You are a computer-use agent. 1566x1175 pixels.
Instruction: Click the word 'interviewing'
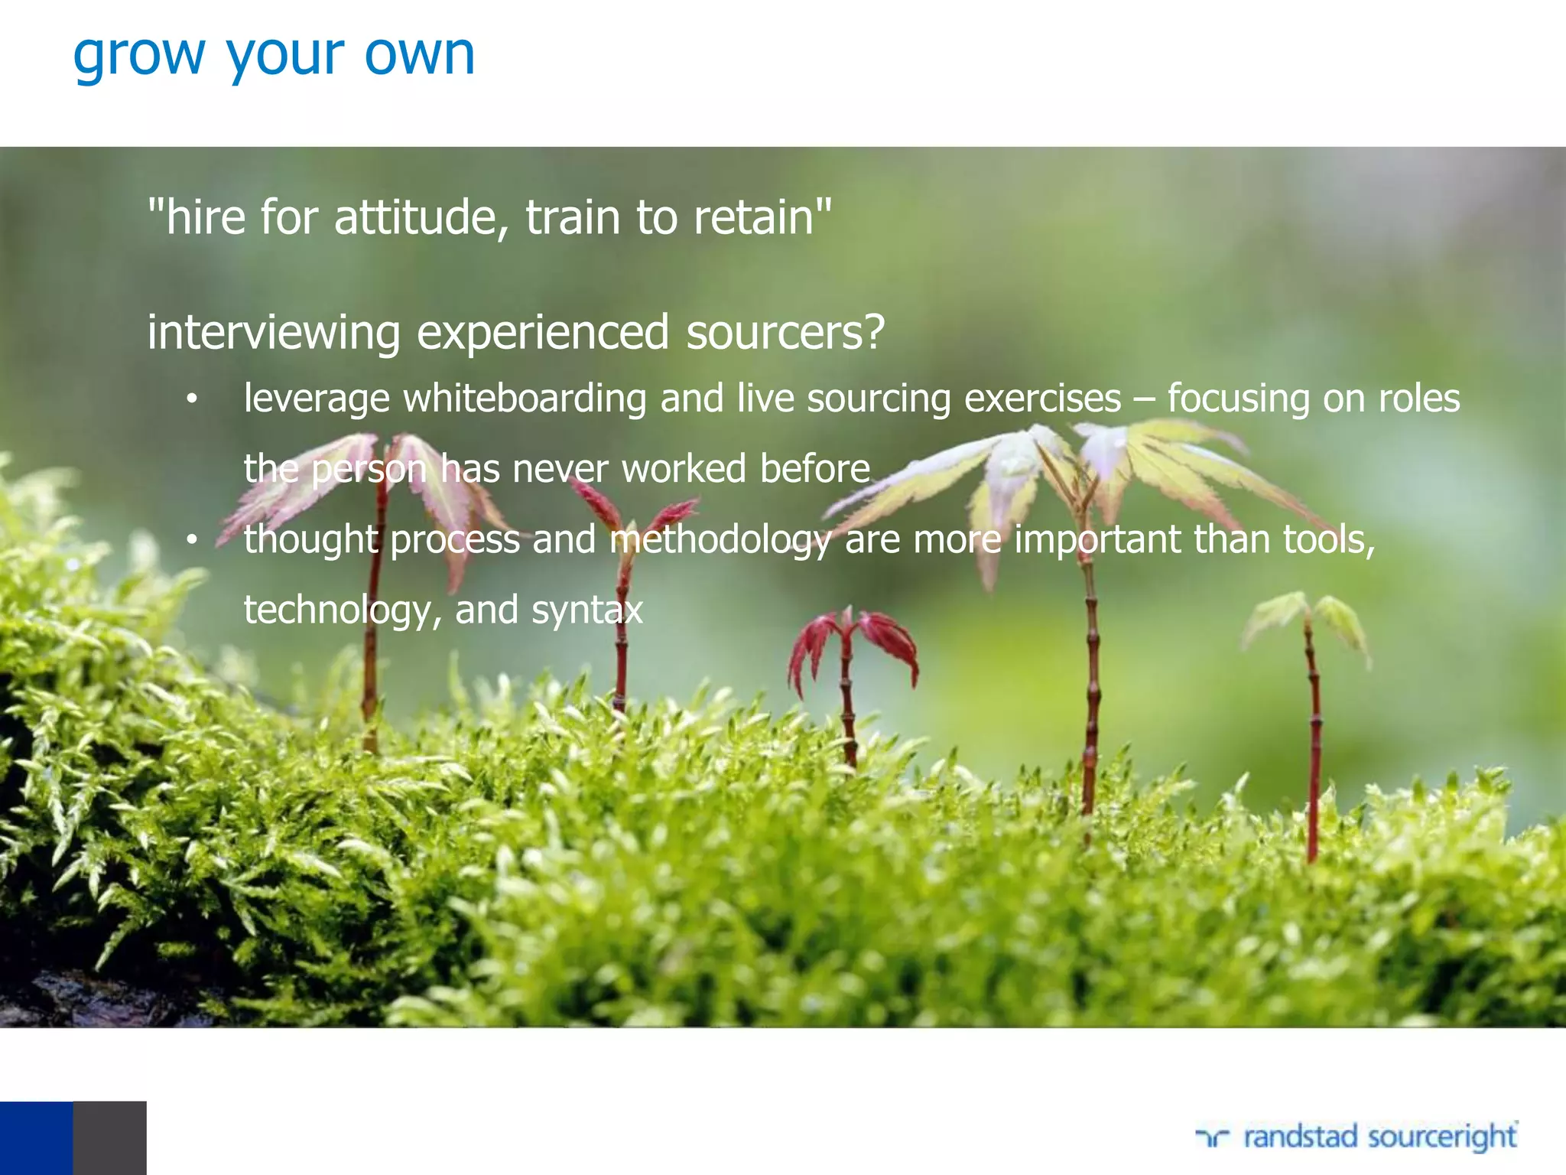273,334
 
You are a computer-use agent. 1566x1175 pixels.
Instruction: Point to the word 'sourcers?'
785,334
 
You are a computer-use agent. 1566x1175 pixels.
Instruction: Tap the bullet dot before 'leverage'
192,399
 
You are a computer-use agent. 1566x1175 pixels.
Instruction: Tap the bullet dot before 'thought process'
192,541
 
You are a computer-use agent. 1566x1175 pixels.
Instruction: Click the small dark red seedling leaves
853,643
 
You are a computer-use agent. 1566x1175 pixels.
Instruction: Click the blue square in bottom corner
36,1138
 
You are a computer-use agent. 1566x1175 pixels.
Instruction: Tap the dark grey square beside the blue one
109,1138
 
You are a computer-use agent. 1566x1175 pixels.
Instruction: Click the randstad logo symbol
1213,1138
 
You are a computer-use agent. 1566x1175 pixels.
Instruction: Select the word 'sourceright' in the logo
1442,1138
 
